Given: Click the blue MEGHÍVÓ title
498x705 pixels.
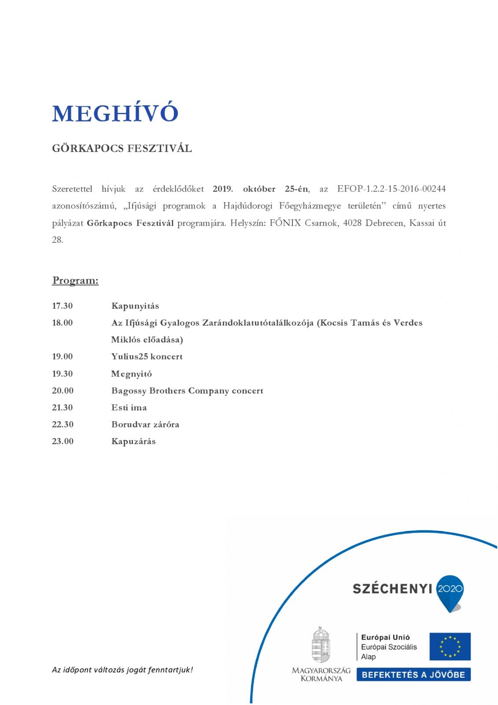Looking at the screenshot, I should click(x=115, y=114).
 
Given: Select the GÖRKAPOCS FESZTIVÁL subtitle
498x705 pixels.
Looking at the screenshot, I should click(x=122, y=148).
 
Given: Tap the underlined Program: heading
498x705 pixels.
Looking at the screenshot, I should click(x=75, y=281).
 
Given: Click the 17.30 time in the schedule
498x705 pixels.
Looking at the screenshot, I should click(x=63, y=306).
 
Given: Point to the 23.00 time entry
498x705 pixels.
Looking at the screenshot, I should click(x=63, y=441).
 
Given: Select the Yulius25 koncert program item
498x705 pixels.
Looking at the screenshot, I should click(x=147, y=356).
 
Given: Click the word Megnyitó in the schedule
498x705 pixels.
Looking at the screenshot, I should click(x=131, y=374).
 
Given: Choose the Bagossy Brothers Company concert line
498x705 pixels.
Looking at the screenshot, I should click(x=187, y=390).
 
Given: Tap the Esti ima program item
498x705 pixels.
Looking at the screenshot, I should click(x=129, y=408).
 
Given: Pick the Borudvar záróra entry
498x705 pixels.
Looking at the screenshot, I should click(x=145, y=424).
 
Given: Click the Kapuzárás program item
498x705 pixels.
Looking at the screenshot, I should click(x=133, y=441).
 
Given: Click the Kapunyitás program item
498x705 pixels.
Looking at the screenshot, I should click(x=135, y=306).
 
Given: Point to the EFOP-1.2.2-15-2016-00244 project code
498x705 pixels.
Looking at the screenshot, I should click(x=391, y=189).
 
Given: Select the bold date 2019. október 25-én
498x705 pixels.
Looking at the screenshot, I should click(x=261, y=189).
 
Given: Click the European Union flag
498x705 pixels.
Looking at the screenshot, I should click(x=450, y=646).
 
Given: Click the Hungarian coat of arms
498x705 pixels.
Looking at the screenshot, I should click(x=321, y=644).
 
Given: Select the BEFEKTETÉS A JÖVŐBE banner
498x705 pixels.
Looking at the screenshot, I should click(x=413, y=675).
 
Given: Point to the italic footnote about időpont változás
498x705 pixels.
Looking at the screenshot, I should click(x=122, y=670).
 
